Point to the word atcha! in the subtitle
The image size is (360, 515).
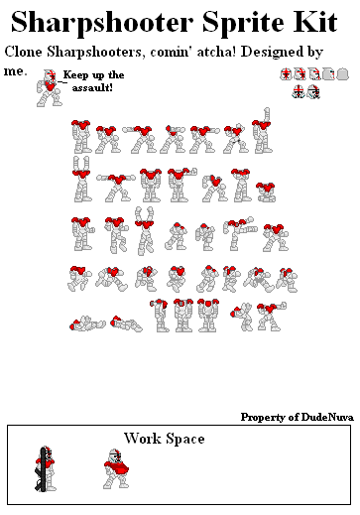click(197, 52)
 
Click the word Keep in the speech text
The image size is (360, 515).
click(74, 75)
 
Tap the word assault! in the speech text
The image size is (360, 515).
click(92, 88)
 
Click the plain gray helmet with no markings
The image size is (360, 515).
click(341, 74)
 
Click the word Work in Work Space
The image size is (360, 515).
click(143, 439)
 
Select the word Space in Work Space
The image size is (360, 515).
click(185, 439)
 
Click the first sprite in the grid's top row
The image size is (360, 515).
click(81, 137)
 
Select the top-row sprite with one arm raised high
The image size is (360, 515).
click(262, 133)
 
